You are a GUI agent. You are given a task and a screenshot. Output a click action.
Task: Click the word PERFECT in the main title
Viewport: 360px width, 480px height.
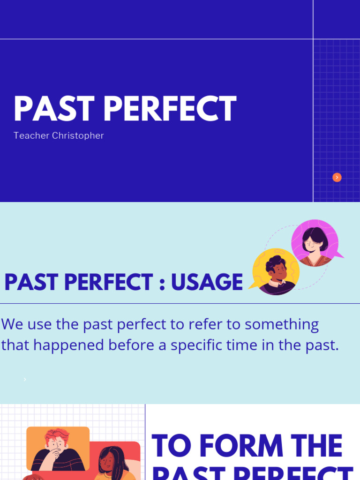(170, 109)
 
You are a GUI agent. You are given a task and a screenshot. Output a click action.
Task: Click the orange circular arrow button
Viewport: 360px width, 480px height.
(337, 177)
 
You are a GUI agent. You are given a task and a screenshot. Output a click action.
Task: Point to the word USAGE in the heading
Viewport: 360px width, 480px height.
(207, 282)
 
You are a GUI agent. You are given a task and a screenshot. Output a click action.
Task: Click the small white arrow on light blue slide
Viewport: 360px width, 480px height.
(25, 380)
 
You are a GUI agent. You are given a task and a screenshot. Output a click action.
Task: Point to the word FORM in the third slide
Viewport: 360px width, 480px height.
(242, 446)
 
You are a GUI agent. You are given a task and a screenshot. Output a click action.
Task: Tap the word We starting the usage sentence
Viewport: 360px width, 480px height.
(11, 324)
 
